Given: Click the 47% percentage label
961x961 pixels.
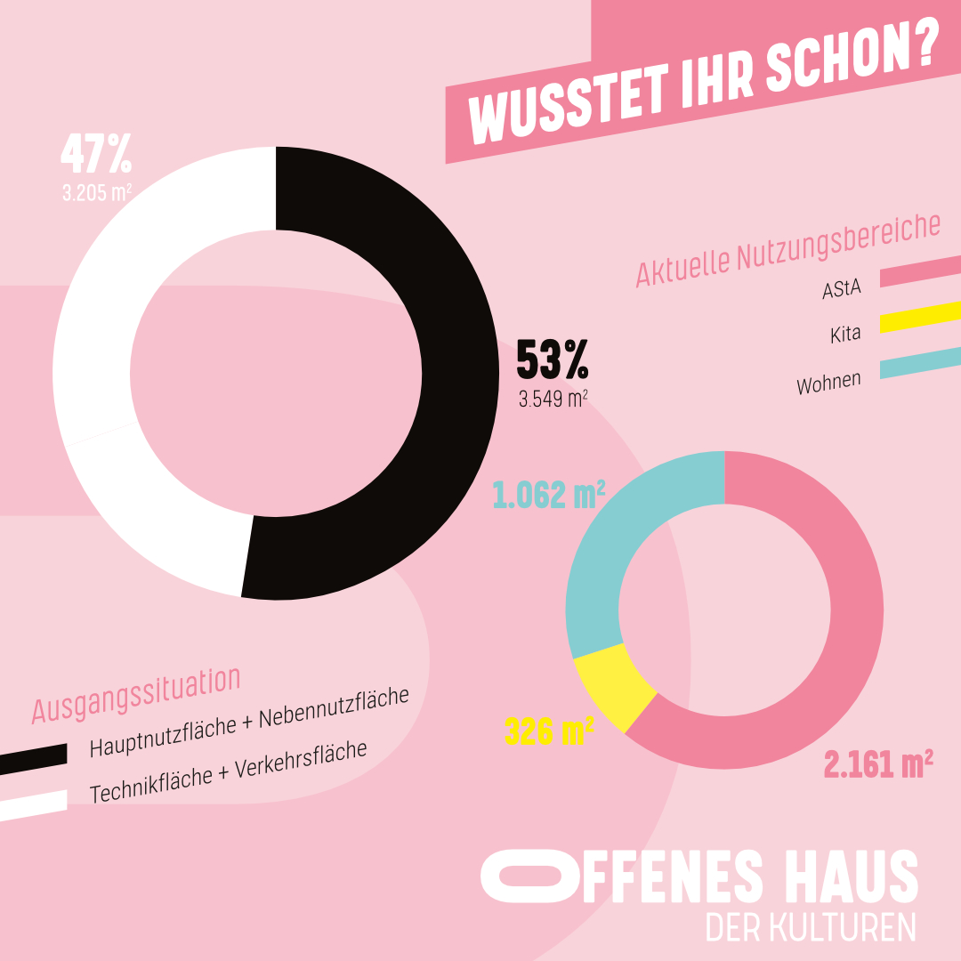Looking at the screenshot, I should [x=96, y=155].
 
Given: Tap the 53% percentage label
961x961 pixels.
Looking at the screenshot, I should [x=553, y=360].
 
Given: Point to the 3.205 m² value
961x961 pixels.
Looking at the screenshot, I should [x=97, y=191].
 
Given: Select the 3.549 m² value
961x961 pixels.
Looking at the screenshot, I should [x=553, y=398].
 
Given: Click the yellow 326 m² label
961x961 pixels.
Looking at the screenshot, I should [x=549, y=731].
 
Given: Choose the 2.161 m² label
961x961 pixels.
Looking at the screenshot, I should [x=878, y=763].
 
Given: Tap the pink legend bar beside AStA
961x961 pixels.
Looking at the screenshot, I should [x=920, y=272].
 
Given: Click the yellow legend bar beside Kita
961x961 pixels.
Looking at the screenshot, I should [x=920, y=317].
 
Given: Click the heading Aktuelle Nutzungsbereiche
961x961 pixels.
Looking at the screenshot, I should [x=787, y=250].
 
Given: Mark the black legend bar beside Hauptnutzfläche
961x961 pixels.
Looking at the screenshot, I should [x=34, y=758].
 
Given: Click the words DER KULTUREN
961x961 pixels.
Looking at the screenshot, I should [x=811, y=927].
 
